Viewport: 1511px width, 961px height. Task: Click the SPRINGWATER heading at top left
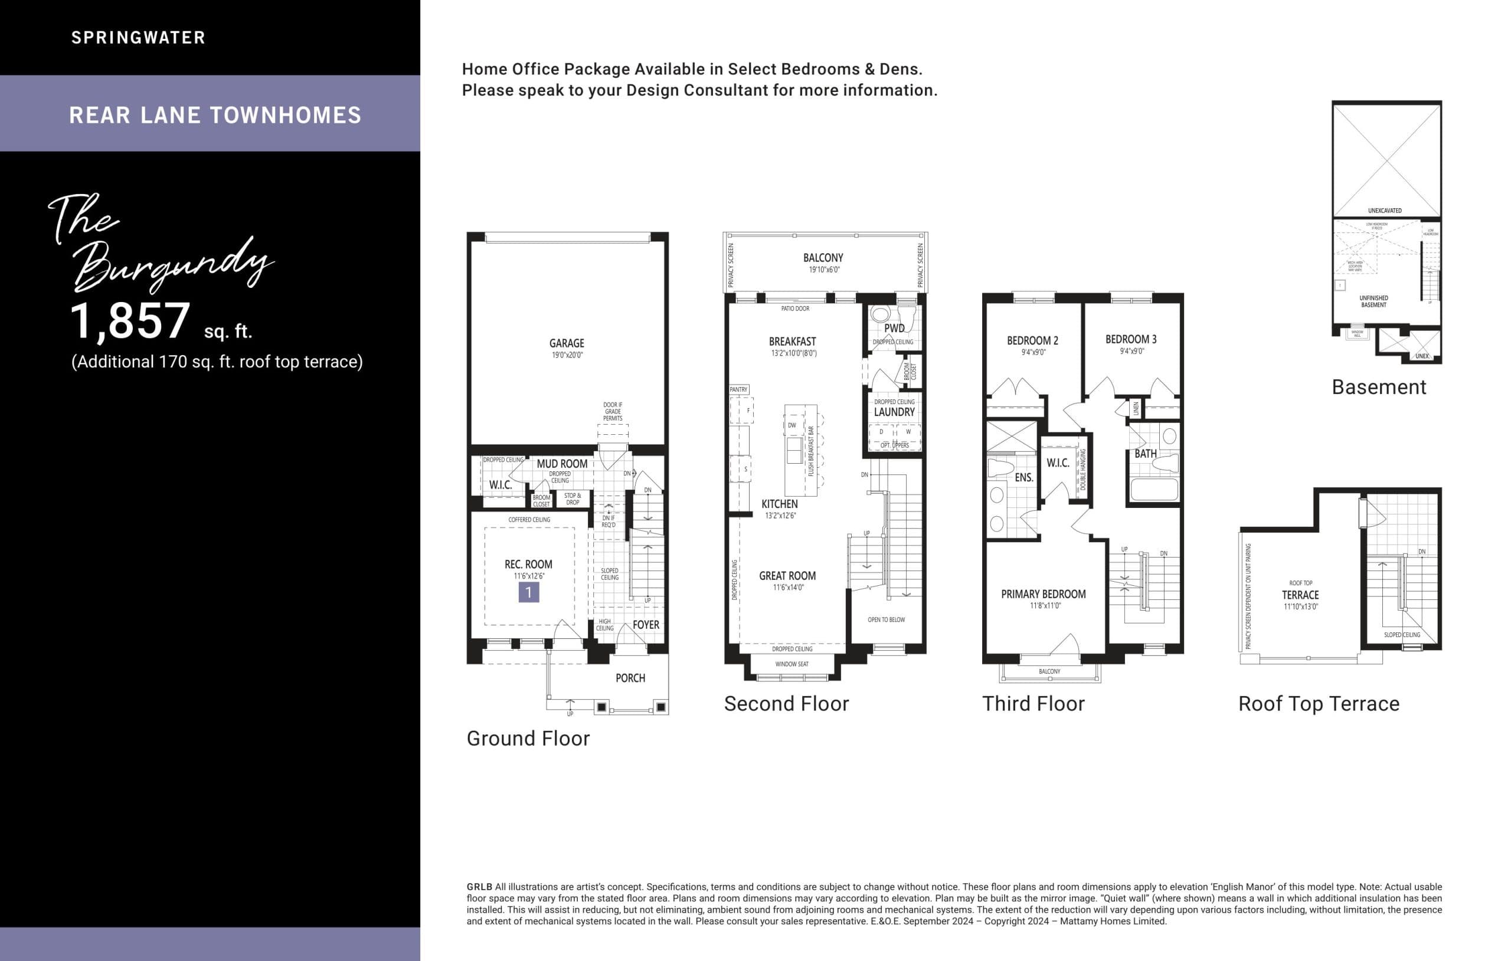pyautogui.click(x=138, y=38)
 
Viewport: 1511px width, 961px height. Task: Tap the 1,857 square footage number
pyautogui.click(x=130, y=321)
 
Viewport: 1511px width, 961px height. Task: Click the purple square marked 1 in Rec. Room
pyautogui.click(x=528, y=592)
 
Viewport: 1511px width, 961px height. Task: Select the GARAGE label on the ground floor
pyautogui.click(x=567, y=343)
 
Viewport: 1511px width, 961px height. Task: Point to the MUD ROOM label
pyautogui.click(x=561, y=464)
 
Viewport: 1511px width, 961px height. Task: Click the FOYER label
pyautogui.click(x=646, y=625)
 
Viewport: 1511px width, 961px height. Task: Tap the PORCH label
pyautogui.click(x=630, y=678)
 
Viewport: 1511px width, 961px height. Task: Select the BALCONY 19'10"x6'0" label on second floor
pyautogui.click(x=823, y=258)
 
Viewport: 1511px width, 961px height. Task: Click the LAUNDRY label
pyautogui.click(x=894, y=412)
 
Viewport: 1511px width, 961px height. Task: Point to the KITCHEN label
pyautogui.click(x=779, y=504)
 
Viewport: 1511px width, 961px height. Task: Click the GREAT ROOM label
pyautogui.click(x=787, y=576)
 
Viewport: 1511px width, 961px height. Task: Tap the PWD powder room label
pyautogui.click(x=894, y=328)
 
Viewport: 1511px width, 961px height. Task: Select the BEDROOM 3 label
pyautogui.click(x=1131, y=339)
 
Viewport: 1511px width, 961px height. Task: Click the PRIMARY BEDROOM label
pyautogui.click(x=1043, y=594)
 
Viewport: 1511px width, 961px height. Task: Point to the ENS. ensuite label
pyautogui.click(x=1023, y=477)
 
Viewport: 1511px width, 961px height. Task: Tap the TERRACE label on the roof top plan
pyautogui.click(x=1300, y=595)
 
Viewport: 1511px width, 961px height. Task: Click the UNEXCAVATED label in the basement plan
pyautogui.click(x=1384, y=211)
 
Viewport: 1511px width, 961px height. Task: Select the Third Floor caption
pyautogui.click(x=1033, y=704)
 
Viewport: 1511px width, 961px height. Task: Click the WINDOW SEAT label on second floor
pyautogui.click(x=792, y=664)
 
